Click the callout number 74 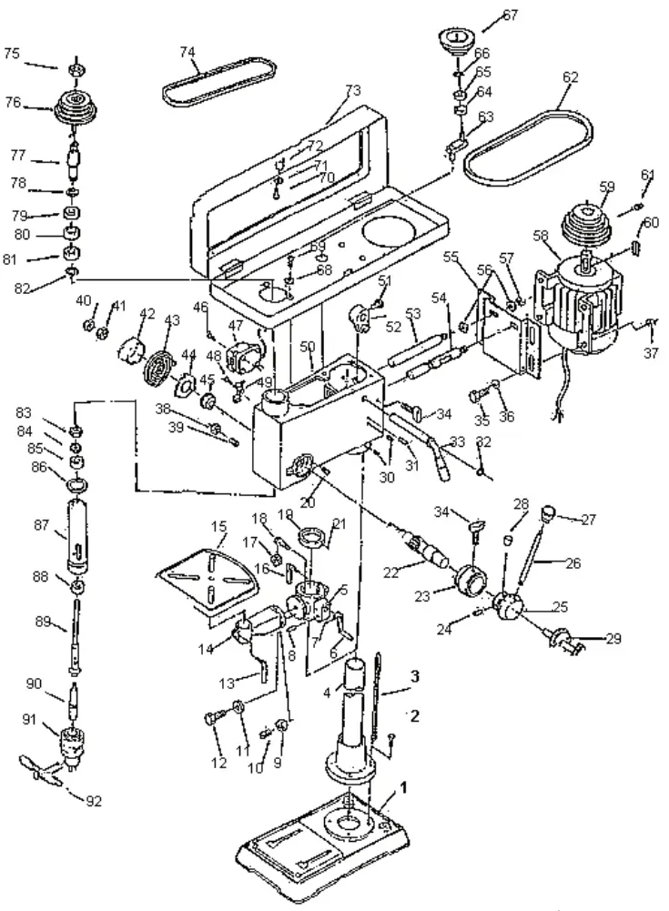(188, 52)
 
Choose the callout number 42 (146, 314)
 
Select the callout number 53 (413, 314)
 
